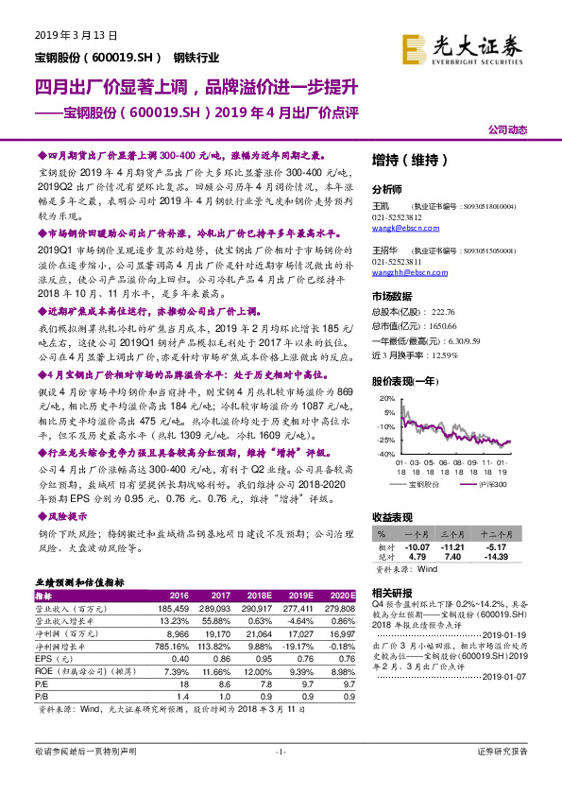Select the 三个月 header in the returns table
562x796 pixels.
tap(453, 535)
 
